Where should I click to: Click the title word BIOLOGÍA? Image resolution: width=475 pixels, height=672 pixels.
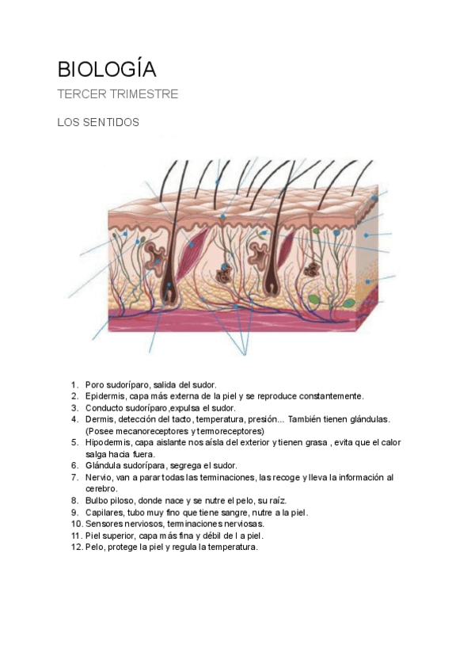click(x=107, y=70)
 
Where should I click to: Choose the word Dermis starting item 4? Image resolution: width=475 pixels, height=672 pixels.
click(x=101, y=418)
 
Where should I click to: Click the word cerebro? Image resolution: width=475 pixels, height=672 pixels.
click(x=101, y=488)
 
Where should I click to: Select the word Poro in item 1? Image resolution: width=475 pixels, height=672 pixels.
click(x=95, y=384)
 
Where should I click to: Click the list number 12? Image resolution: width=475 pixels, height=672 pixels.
click(x=76, y=547)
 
